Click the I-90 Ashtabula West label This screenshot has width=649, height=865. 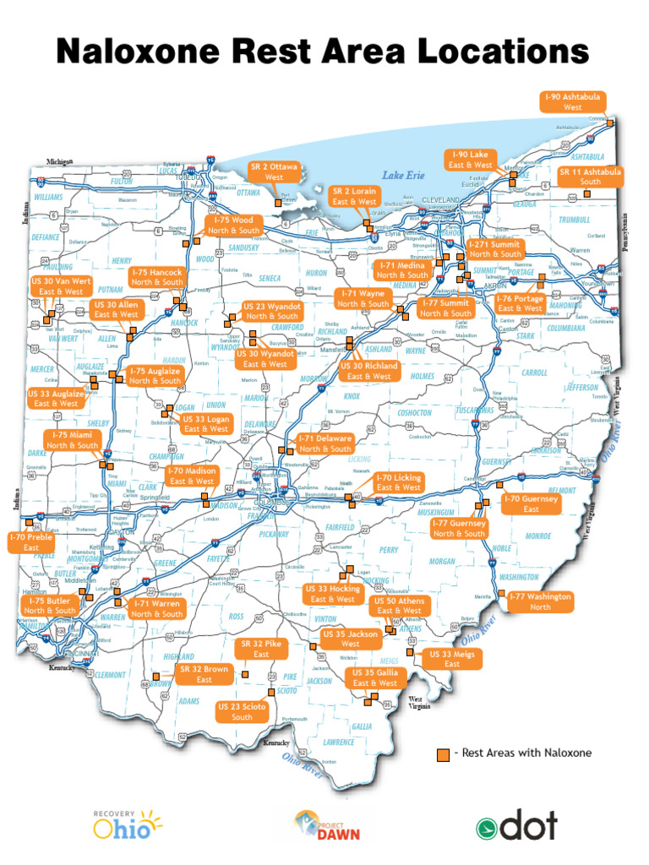tap(572, 102)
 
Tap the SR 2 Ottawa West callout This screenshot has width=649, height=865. tap(274, 172)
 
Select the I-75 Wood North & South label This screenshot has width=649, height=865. tap(234, 225)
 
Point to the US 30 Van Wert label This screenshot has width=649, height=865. tap(61, 286)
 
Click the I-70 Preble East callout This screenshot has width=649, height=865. tap(31, 542)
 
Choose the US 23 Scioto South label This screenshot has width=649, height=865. tap(242, 711)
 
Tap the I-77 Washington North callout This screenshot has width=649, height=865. tap(540, 601)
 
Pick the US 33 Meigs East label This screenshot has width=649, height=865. tap(452, 659)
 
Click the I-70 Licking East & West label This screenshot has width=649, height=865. tap(399, 482)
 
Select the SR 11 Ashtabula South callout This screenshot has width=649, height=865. tap(590, 177)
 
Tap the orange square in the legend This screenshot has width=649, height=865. tap(442, 753)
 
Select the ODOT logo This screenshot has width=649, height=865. tap(516, 826)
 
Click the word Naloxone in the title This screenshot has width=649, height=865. tap(147, 52)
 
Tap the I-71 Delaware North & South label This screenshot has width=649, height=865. tap(324, 444)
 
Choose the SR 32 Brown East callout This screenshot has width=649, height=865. tap(204, 674)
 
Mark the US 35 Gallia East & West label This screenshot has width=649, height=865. tap(375, 677)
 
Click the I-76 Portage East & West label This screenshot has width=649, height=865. tap(520, 303)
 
